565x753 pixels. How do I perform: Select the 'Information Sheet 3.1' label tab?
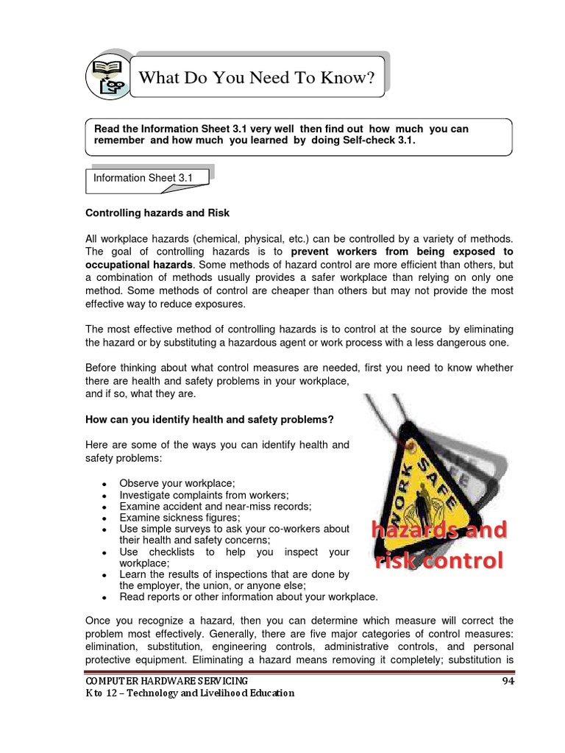(135, 178)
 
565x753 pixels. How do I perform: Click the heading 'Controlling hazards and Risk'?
(157, 213)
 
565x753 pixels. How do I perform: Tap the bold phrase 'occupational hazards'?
(140, 264)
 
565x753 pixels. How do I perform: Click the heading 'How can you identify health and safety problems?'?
(210, 419)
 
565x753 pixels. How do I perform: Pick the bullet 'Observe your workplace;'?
(177, 483)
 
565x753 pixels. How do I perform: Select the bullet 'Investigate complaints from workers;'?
(204, 495)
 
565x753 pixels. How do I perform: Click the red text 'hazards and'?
(438, 529)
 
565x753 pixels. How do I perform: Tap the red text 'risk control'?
(439, 561)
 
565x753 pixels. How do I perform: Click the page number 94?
(508, 681)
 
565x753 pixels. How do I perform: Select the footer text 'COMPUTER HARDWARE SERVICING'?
(166, 681)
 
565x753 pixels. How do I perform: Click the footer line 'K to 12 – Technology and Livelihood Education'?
(190, 693)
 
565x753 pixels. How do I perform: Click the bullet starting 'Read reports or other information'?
(249, 596)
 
